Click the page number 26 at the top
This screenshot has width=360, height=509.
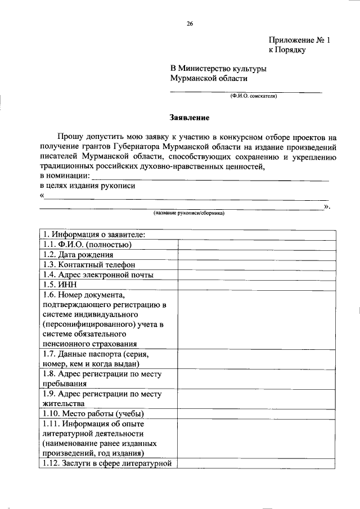tap(190, 24)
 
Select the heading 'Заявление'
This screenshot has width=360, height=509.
tap(190, 118)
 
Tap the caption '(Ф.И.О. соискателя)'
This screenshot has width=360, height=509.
tap(253, 96)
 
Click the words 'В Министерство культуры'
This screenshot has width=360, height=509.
tap(219, 69)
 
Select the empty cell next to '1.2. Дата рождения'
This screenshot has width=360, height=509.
tap(257, 254)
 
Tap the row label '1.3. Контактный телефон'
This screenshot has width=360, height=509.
tap(88, 264)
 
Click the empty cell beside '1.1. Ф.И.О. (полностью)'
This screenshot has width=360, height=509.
tap(257, 244)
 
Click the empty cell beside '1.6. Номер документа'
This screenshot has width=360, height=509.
tap(257, 319)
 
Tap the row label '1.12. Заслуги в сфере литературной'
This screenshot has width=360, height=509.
tap(106, 463)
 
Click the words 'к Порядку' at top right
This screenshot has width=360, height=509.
tap(286, 50)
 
